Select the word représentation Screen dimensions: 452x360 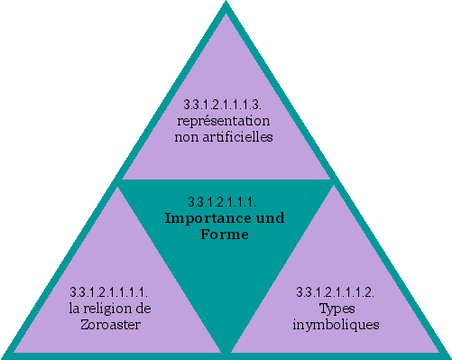point(224,121)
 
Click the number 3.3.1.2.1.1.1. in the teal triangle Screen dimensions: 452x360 point(224,200)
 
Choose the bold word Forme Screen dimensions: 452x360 point(224,235)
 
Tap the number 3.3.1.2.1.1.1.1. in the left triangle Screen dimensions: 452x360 point(109,292)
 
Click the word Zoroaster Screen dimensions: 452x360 point(109,325)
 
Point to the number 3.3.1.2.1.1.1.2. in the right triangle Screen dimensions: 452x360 point(336,292)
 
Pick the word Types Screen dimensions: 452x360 point(336,309)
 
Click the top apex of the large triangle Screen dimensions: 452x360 point(225,5)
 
